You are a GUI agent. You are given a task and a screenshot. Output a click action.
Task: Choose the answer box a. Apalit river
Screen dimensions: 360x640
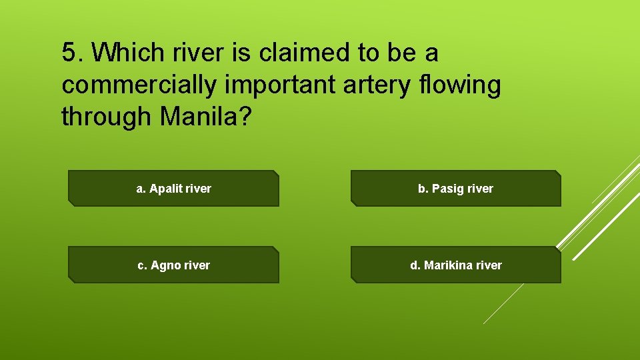click(x=173, y=189)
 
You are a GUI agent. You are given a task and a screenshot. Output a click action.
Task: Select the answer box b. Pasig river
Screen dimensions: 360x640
click(x=456, y=189)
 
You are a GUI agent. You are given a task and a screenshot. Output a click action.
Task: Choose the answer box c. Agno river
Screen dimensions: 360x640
click(x=173, y=265)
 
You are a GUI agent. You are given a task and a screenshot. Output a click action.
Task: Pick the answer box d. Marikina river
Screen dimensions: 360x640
click(x=456, y=265)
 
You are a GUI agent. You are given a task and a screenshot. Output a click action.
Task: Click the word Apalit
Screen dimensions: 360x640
click(x=165, y=189)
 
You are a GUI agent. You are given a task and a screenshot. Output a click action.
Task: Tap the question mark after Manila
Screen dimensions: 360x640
click(x=245, y=117)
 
